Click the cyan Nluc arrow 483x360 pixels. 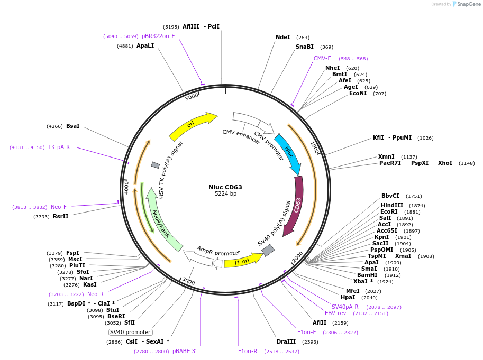pos(288,153)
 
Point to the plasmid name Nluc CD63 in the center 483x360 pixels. pos(225,187)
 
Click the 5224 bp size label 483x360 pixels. pos(225,193)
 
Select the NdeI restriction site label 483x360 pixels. pos(283,37)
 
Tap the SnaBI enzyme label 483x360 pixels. pos(304,47)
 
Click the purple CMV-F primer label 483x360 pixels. pos(322,59)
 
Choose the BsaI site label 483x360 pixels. pos(72,126)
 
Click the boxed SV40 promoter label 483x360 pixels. pos(130,332)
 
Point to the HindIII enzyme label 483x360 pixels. pos(392,205)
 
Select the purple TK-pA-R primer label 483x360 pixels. pos(59,147)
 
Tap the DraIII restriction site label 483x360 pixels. pos(286,341)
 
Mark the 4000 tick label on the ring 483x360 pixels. pos(126,187)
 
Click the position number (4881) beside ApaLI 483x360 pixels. pos(125,46)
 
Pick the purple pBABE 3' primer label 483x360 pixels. pos(185,351)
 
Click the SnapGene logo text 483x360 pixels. pos(469,4)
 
